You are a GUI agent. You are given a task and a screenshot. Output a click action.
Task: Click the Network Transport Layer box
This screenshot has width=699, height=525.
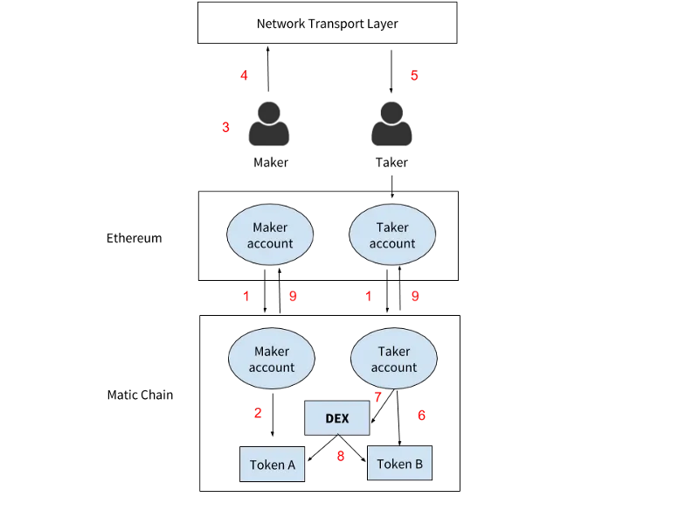pyautogui.click(x=327, y=23)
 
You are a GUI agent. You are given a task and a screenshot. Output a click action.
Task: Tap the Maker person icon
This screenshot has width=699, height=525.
pyautogui.click(x=269, y=123)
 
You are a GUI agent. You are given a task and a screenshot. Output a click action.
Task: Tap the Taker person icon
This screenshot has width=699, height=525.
pyautogui.click(x=391, y=123)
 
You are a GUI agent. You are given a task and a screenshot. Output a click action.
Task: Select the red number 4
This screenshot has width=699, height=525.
pyautogui.click(x=244, y=75)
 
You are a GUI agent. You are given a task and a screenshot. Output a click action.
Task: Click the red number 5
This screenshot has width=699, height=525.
pyautogui.click(x=414, y=75)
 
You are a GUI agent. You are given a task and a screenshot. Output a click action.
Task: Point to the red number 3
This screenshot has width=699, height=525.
pyautogui.click(x=225, y=127)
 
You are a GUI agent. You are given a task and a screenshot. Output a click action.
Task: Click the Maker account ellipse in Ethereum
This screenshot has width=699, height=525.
pyautogui.click(x=270, y=234)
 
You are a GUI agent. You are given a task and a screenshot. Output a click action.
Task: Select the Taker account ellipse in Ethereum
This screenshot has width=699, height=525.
pyautogui.click(x=392, y=234)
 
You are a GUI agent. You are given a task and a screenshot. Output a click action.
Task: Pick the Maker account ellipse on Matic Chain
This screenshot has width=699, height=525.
pyautogui.click(x=272, y=359)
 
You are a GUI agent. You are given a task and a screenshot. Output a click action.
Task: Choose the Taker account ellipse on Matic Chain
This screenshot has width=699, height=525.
pyautogui.click(x=394, y=359)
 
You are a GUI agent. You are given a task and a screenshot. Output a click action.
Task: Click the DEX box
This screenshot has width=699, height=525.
pyautogui.click(x=337, y=418)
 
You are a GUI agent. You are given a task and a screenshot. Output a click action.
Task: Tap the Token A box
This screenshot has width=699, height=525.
pyautogui.click(x=273, y=465)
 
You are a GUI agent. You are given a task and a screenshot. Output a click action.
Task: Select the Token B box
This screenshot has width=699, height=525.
pyautogui.click(x=400, y=463)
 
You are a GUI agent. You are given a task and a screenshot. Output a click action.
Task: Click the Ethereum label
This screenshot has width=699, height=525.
pyautogui.click(x=135, y=238)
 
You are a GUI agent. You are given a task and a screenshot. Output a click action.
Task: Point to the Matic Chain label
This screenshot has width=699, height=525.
pyautogui.click(x=140, y=395)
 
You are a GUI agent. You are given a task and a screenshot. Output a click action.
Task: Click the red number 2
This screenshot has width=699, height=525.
pyautogui.click(x=258, y=413)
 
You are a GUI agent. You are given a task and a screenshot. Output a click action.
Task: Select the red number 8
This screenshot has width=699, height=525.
pyautogui.click(x=341, y=456)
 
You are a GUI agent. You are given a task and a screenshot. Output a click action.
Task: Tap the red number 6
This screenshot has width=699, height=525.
pyautogui.click(x=421, y=416)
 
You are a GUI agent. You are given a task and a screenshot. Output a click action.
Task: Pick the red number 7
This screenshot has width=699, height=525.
pyautogui.click(x=378, y=397)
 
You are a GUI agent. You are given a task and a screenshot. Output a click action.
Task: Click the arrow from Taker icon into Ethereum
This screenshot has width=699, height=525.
pyautogui.click(x=391, y=186)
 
